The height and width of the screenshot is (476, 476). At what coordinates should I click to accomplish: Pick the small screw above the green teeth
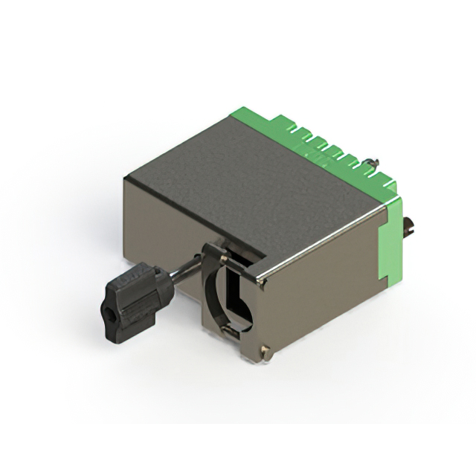pyautogui.click(x=377, y=162)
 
